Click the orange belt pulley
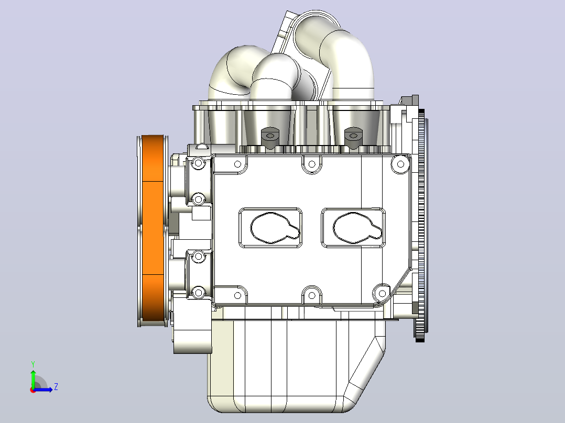coord(153,230)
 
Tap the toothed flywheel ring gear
coord(420,225)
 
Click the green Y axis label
coord(33,364)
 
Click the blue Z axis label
coord(56,387)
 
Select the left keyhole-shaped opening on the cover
coord(275,228)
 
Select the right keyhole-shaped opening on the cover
coord(357,228)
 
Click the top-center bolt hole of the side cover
coord(312,164)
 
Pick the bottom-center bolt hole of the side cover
coord(312,296)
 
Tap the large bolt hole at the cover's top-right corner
coord(400,164)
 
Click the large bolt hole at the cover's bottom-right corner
coord(382,294)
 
